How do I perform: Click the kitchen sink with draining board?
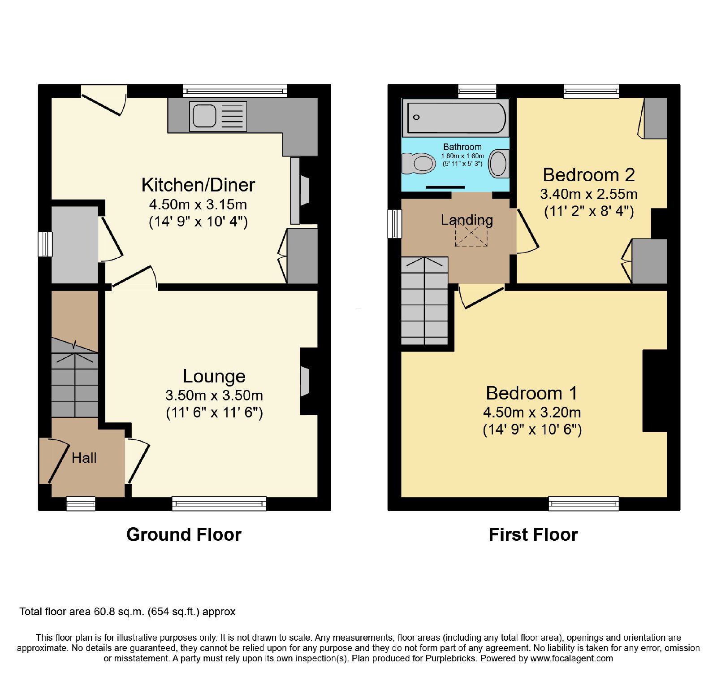(x=218, y=117)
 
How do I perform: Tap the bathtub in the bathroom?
(x=456, y=117)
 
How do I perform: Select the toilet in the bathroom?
(x=419, y=163)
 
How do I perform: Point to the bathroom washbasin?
(x=498, y=164)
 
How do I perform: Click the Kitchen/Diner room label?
(x=198, y=185)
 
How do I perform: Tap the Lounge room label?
(x=214, y=376)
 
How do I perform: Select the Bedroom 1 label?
(x=532, y=393)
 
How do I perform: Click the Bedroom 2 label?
(x=589, y=175)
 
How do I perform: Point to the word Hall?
(x=84, y=458)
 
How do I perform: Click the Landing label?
(x=467, y=220)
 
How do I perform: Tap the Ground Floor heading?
(x=184, y=534)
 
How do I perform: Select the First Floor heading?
(x=533, y=534)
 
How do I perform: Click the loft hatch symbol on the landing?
(x=471, y=233)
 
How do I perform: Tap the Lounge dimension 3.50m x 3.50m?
(x=214, y=395)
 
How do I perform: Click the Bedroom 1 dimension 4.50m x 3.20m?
(x=532, y=412)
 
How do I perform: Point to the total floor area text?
(x=127, y=612)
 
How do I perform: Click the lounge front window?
(x=219, y=504)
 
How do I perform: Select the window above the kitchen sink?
(x=235, y=91)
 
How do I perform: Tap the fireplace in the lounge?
(x=305, y=382)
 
